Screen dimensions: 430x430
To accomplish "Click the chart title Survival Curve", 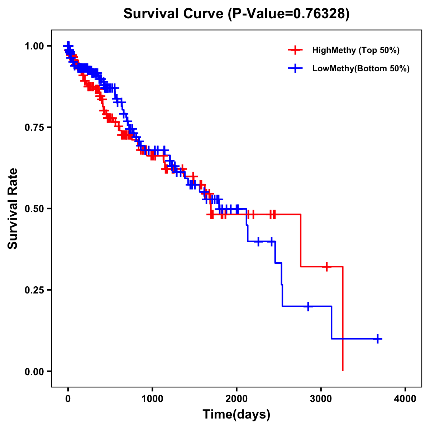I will tap(236, 14).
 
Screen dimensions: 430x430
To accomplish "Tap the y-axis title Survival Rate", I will tap(13, 208).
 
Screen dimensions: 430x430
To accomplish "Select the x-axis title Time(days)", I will tap(236, 414).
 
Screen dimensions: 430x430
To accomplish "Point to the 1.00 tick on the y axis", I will tap(34, 46).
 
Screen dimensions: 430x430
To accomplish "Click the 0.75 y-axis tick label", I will tap(34, 127).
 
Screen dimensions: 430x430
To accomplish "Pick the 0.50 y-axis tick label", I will tap(34, 209).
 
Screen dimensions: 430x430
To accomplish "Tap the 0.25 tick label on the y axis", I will tap(34, 290).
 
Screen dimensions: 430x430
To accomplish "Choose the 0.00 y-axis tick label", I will tap(34, 371).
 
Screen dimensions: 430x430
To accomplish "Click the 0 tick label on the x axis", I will tap(68, 398).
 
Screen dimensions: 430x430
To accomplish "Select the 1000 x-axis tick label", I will tap(152, 398).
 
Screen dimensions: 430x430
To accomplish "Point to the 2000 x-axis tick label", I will tap(236, 398).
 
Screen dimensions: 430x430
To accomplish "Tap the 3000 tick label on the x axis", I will tap(321, 398).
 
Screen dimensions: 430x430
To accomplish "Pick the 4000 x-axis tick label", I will tap(405, 398).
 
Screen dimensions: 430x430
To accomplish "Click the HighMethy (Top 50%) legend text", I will tap(356, 50).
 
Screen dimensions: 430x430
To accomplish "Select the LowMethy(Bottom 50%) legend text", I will tap(361, 68).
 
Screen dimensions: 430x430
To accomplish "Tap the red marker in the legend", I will tap(295, 50).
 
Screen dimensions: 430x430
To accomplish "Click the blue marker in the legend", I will tap(295, 68).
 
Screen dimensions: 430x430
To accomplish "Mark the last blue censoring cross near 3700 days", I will tap(378, 339).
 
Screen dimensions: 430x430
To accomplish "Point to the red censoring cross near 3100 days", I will tap(327, 267).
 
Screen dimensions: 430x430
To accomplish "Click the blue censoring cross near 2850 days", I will tap(308, 306).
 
